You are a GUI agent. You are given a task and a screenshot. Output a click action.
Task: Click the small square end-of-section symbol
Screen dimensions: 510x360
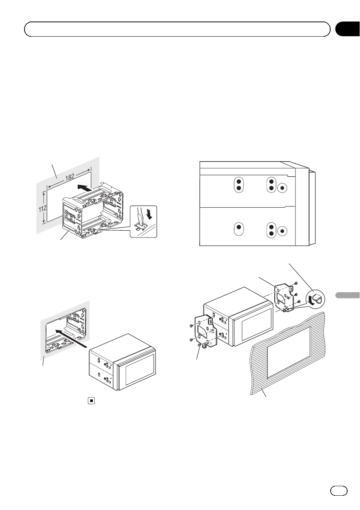(91, 401)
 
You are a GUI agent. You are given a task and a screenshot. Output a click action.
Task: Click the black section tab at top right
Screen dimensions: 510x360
(347, 29)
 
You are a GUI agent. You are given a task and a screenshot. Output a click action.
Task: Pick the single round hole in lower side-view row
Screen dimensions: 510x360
(283, 231)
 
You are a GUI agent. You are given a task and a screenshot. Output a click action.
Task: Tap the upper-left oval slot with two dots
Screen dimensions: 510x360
(238, 184)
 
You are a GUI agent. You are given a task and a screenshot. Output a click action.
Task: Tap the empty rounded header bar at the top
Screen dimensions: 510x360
(177, 29)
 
